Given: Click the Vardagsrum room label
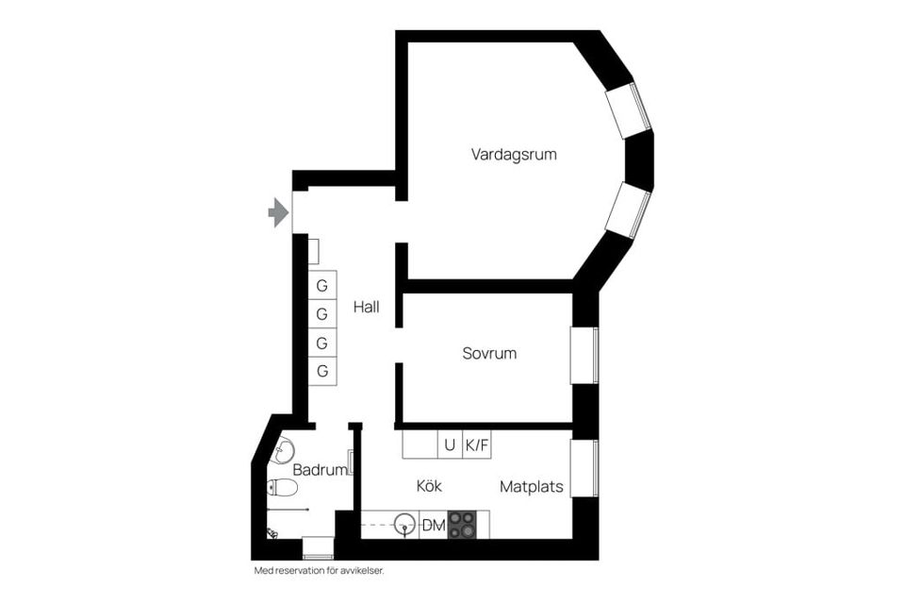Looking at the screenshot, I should [514, 154].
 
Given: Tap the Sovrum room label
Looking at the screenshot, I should [489, 354].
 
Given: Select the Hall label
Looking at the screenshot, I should [367, 307].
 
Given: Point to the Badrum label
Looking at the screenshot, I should [318, 469].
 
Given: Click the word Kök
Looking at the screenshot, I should [429, 486].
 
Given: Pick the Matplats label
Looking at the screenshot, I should [532, 487].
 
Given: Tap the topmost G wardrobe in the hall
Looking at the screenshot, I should [322, 285].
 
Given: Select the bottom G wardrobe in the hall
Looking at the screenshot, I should [322, 371].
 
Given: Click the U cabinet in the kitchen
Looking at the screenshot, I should [450, 445].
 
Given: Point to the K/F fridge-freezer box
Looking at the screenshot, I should [477, 445].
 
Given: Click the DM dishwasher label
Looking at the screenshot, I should [433, 526].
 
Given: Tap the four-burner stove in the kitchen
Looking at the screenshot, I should [462, 526].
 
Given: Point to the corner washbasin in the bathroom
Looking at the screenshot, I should [282, 452].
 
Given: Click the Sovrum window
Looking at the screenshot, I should [584, 356].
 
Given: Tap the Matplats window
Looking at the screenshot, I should [584, 468].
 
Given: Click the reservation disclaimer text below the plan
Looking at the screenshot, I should [319, 571].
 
